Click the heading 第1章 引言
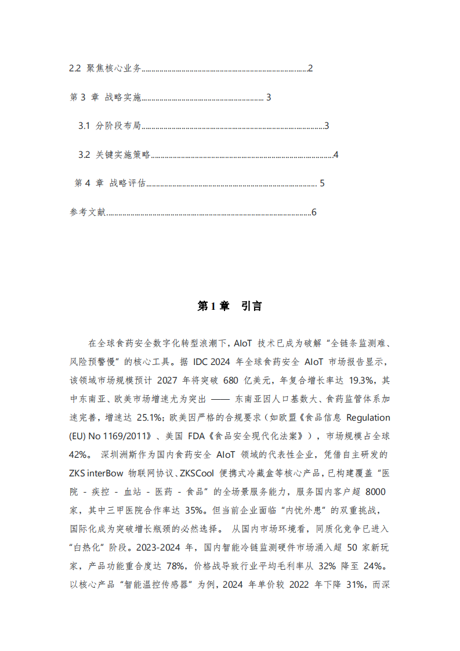230,306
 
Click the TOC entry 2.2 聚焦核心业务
105,68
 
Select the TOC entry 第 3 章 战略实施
105,97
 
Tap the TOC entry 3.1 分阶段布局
110,126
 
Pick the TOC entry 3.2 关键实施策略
114,155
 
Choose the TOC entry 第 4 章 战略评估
110,183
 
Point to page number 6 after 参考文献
314,212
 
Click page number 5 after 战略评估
322,183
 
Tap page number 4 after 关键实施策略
335,155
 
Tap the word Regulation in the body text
368,417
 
